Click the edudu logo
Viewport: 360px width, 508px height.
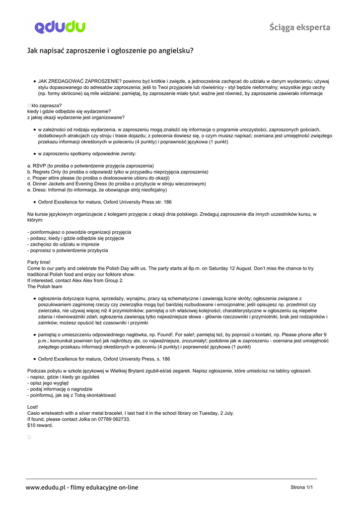tap(60, 27)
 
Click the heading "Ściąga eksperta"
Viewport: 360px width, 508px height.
tap(300, 27)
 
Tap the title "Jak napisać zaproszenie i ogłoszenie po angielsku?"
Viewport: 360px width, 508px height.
tap(110, 51)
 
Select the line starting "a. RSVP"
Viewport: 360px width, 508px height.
tap(90, 166)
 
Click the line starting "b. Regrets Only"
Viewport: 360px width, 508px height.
tap(118, 172)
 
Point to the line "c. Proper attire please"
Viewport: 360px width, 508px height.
tap(98, 178)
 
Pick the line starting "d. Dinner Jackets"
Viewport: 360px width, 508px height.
tap(116, 184)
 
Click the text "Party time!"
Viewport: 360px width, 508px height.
tap(39, 262)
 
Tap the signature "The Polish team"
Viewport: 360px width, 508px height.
tap(45, 286)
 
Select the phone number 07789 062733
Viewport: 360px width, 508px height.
tap(115, 419)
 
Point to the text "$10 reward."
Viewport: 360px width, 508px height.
tap(40, 425)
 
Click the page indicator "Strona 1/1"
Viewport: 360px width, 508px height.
tap(301, 488)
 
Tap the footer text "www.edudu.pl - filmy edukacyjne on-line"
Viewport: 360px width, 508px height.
tap(82, 488)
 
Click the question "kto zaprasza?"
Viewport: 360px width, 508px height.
tap(46, 105)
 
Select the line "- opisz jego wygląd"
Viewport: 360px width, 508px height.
tap(50, 383)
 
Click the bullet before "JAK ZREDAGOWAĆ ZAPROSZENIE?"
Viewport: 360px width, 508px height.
tap(35, 81)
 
